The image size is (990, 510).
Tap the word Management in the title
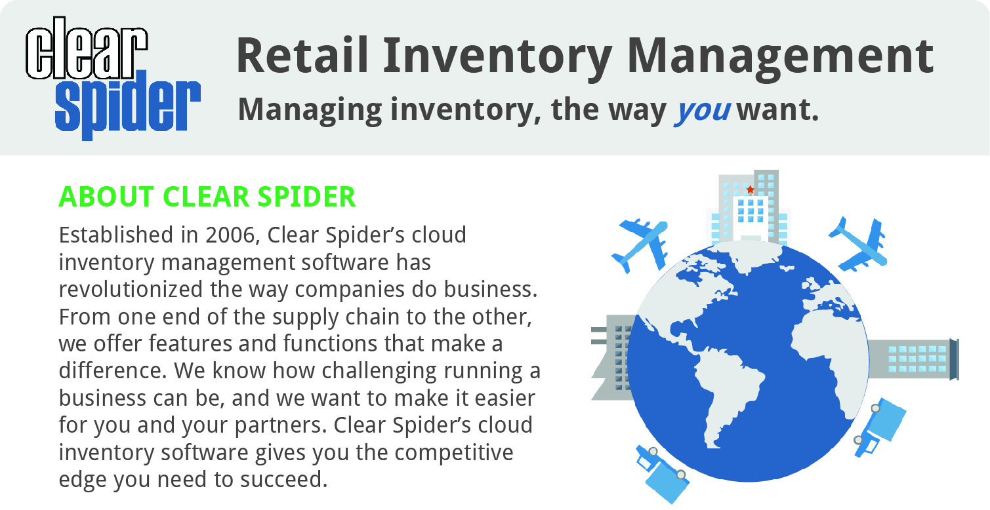780,59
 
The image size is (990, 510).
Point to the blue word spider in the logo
128,105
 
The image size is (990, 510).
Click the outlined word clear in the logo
87,49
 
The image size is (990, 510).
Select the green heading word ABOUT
106,197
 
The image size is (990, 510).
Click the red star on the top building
750,189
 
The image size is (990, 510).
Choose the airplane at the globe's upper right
858,244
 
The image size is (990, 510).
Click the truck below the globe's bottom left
661,475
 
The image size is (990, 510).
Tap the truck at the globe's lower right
880,427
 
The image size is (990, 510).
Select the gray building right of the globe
913,359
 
